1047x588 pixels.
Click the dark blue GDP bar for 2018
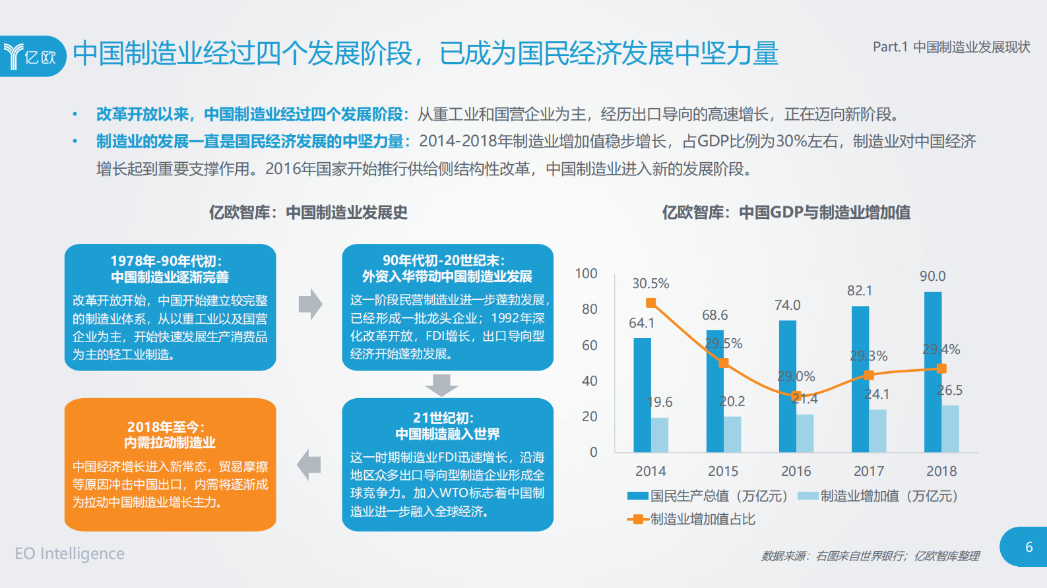932,372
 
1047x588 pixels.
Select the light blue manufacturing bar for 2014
659,435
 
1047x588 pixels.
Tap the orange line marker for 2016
796,396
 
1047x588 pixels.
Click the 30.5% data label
650,283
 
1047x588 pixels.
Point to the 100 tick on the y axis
586,274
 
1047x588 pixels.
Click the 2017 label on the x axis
868,471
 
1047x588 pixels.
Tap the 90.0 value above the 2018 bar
932,276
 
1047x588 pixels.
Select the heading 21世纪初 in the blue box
443,418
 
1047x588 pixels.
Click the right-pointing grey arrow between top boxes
310,304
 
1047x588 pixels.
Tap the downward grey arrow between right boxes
441,384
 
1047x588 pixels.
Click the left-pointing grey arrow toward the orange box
309,464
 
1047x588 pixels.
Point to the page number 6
1029,547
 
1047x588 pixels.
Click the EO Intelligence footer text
70,554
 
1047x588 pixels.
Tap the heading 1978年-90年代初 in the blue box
166,260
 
